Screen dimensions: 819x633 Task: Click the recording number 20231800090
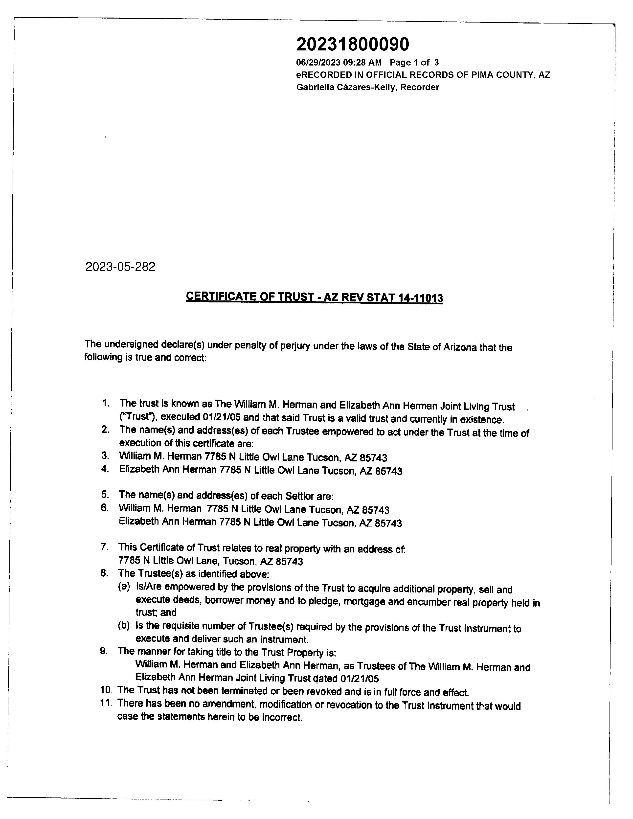pyautogui.click(x=353, y=45)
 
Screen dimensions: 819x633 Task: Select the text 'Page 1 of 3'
pyautogui.click(x=414, y=63)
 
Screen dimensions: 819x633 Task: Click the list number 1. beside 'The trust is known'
pyautogui.click(x=106, y=404)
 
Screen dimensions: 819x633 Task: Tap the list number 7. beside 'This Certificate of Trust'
pyautogui.click(x=105, y=547)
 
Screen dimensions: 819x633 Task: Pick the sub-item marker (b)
pyautogui.click(x=124, y=625)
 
